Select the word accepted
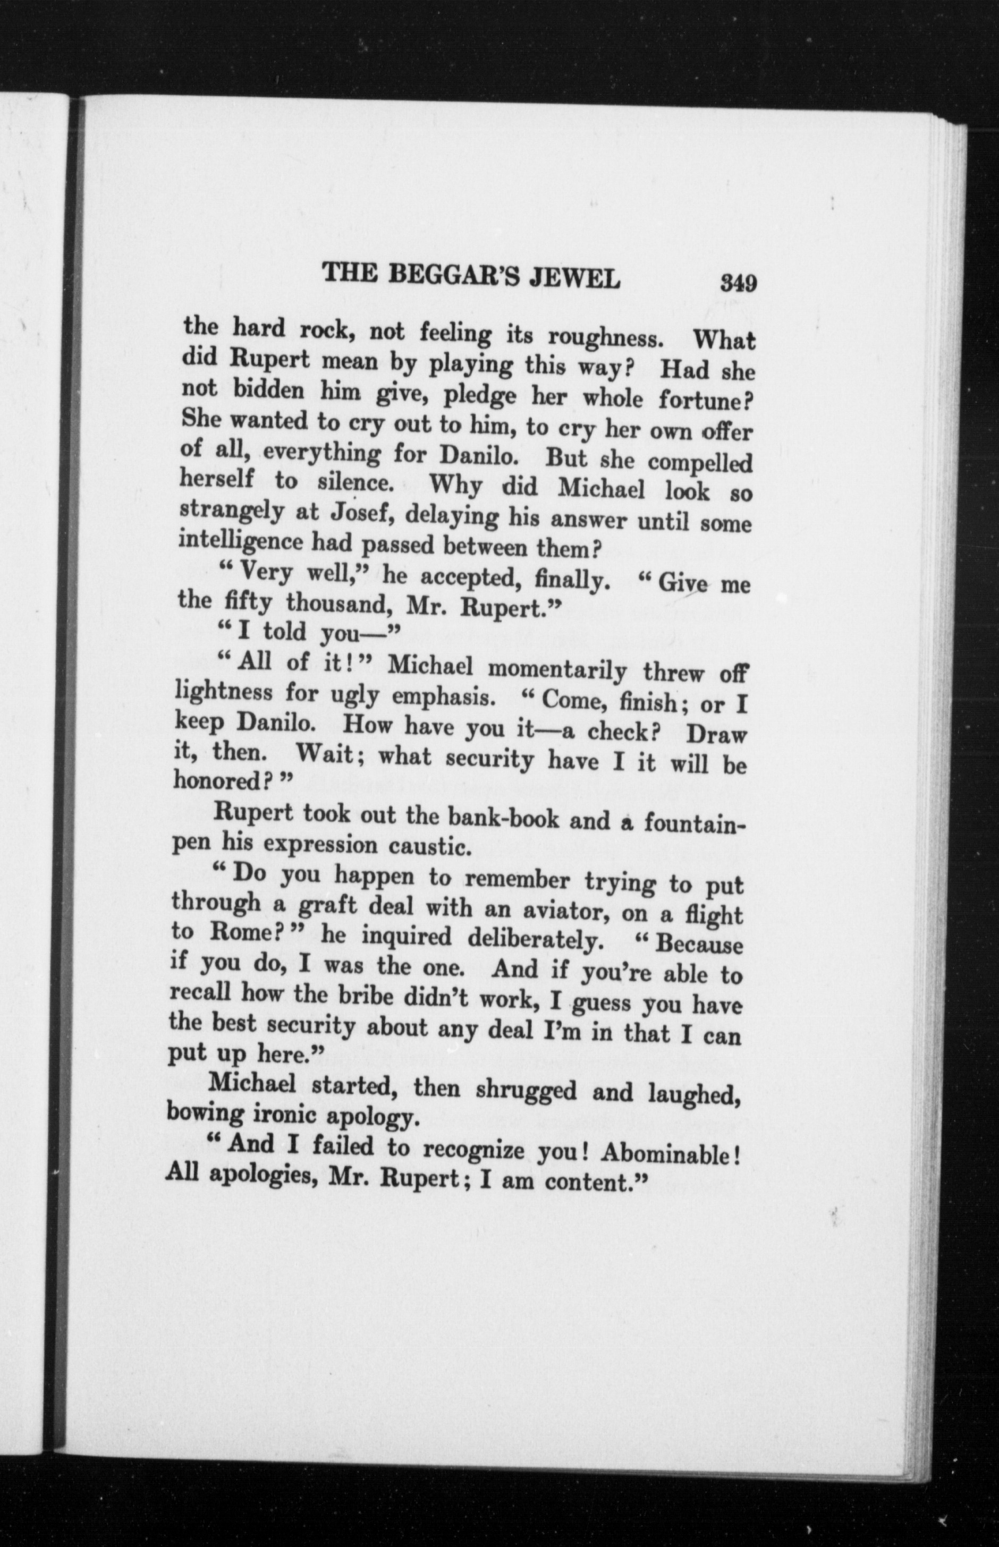click(461, 576)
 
